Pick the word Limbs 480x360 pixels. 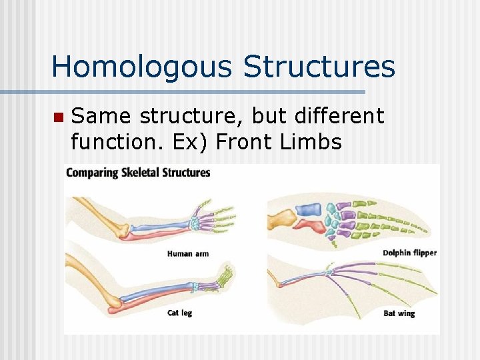point(311,142)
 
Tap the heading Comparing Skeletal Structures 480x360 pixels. point(138,173)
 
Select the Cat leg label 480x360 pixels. point(179,313)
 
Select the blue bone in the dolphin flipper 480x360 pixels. point(309,209)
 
